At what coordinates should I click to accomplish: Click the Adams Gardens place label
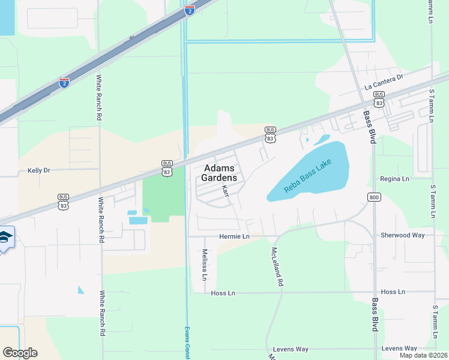(x=220, y=173)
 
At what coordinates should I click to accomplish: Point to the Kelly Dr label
(x=39, y=170)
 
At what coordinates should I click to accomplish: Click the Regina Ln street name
(x=394, y=179)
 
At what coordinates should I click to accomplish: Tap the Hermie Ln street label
(x=234, y=237)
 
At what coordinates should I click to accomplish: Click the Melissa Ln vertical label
(x=204, y=265)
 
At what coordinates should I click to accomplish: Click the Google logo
(x=20, y=353)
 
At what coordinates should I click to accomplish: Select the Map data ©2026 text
(x=423, y=355)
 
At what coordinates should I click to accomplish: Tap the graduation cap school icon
(x=5, y=238)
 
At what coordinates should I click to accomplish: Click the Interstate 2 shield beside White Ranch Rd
(x=64, y=82)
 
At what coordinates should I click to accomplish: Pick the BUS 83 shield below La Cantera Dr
(x=379, y=97)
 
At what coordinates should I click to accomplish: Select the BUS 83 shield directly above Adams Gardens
(x=271, y=134)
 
